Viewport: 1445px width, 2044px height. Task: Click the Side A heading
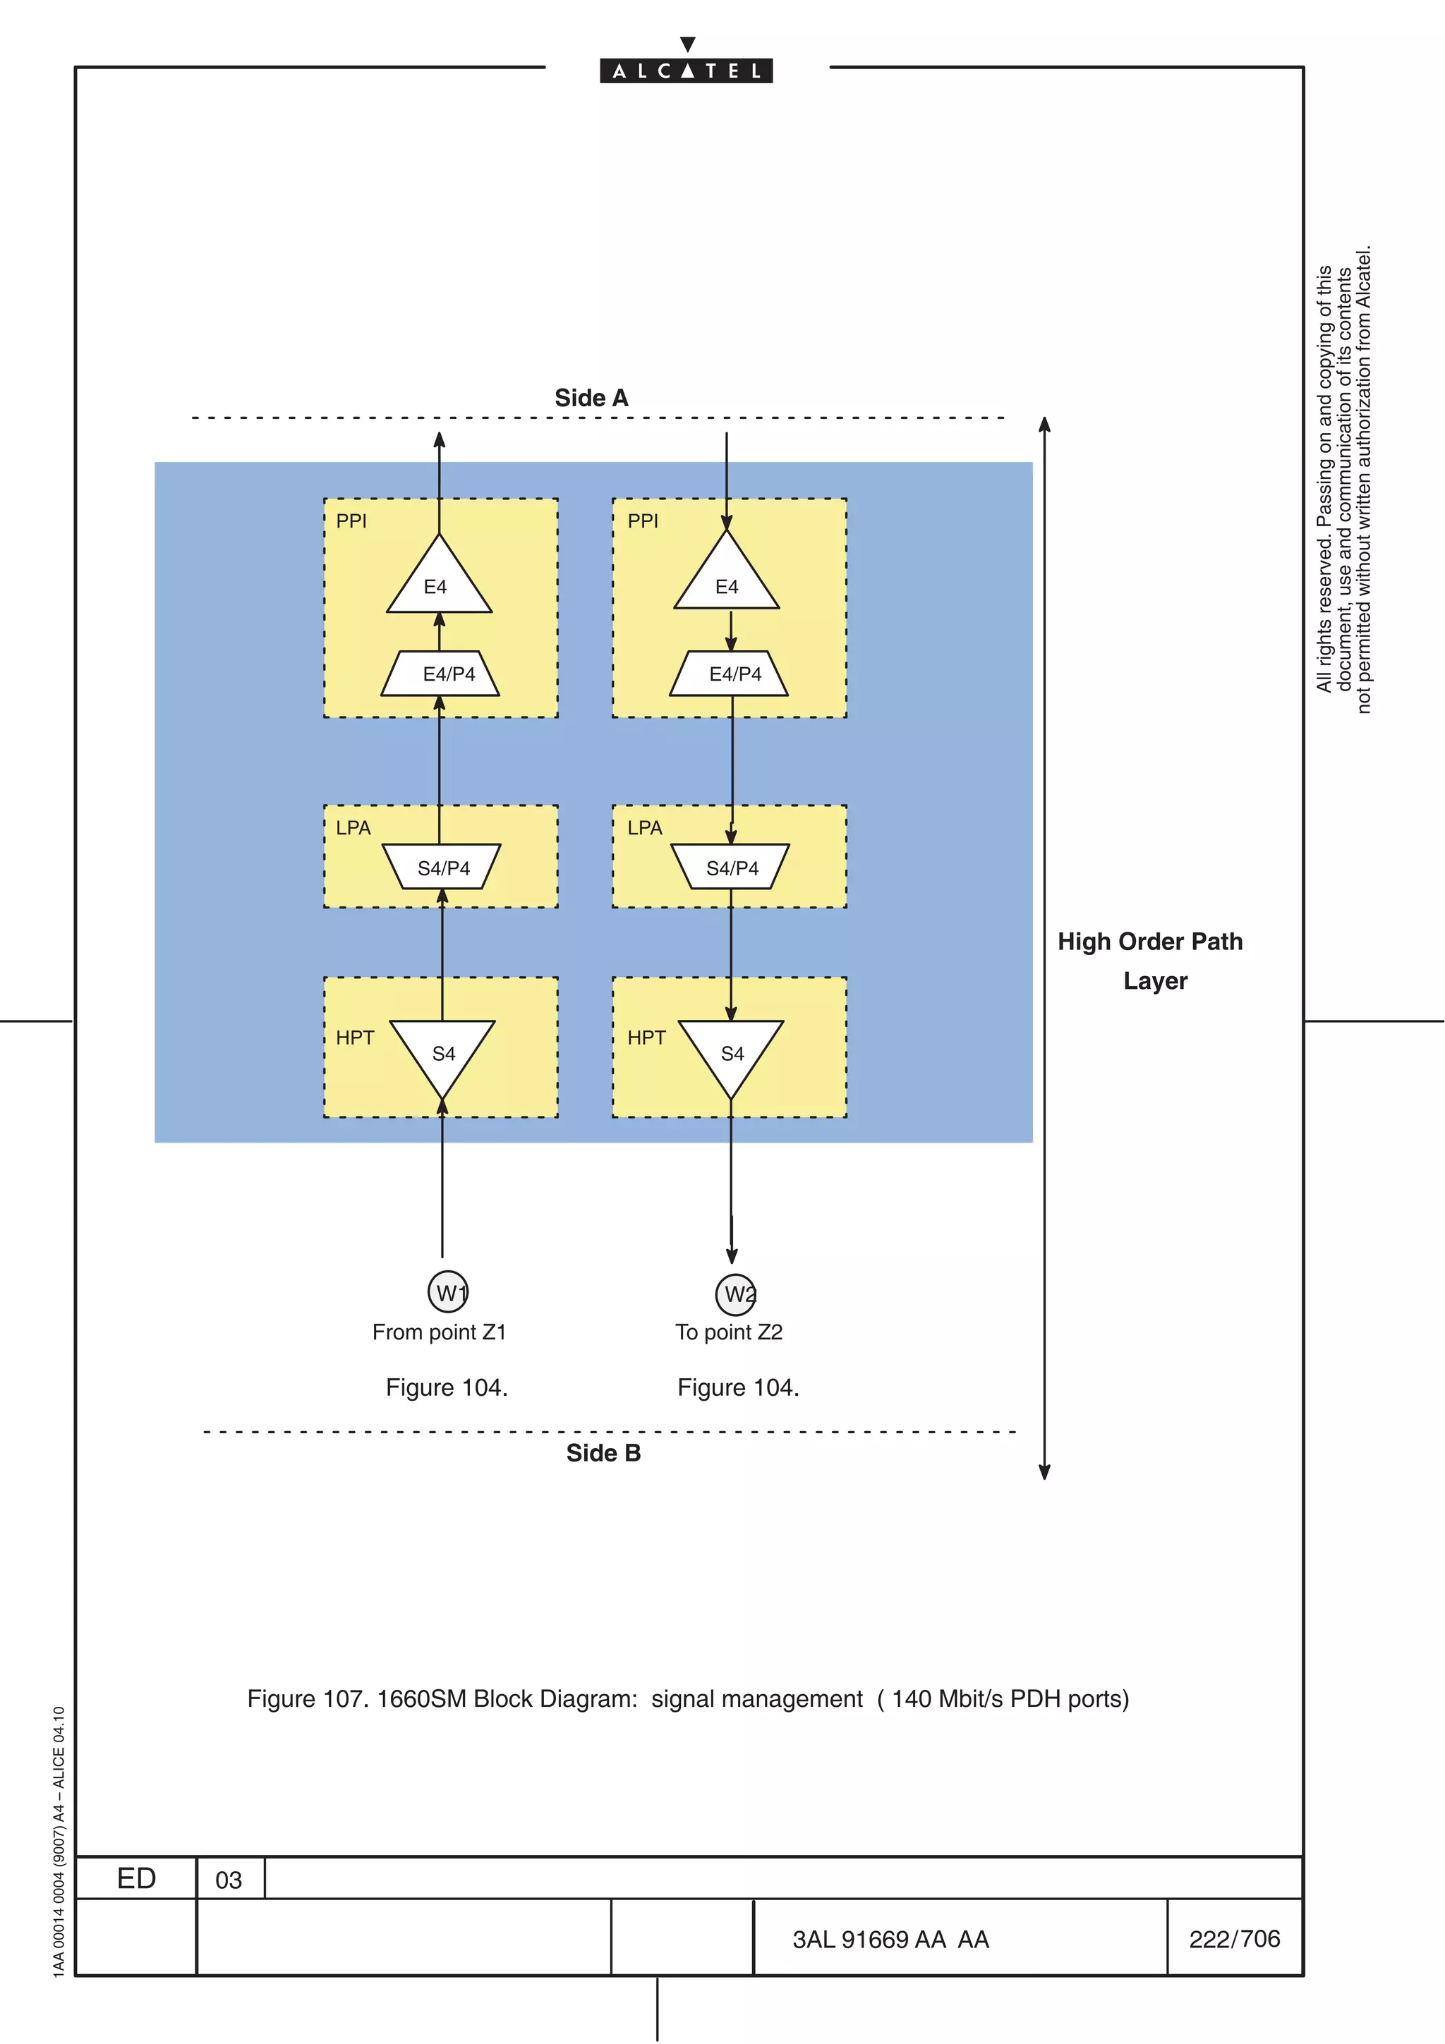pos(591,398)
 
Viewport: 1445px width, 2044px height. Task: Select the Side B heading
pos(603,1453)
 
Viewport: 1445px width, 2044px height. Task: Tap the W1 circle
pos(448,1291)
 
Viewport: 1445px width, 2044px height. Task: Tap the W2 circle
pos(737,1294)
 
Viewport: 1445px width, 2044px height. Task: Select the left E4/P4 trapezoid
pos(440,674)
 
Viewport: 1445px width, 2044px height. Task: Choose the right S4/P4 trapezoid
pos(730,867)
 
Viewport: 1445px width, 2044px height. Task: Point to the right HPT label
pos(646,1038)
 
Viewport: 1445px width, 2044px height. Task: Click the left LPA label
pos(353,828)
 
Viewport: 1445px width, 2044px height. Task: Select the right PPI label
pos(643,521)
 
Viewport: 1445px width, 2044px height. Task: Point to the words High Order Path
pos(1149,942)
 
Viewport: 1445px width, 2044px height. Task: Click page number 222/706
pos(1234,1939)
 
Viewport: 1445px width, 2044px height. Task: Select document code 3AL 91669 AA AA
pos(890,1940)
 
